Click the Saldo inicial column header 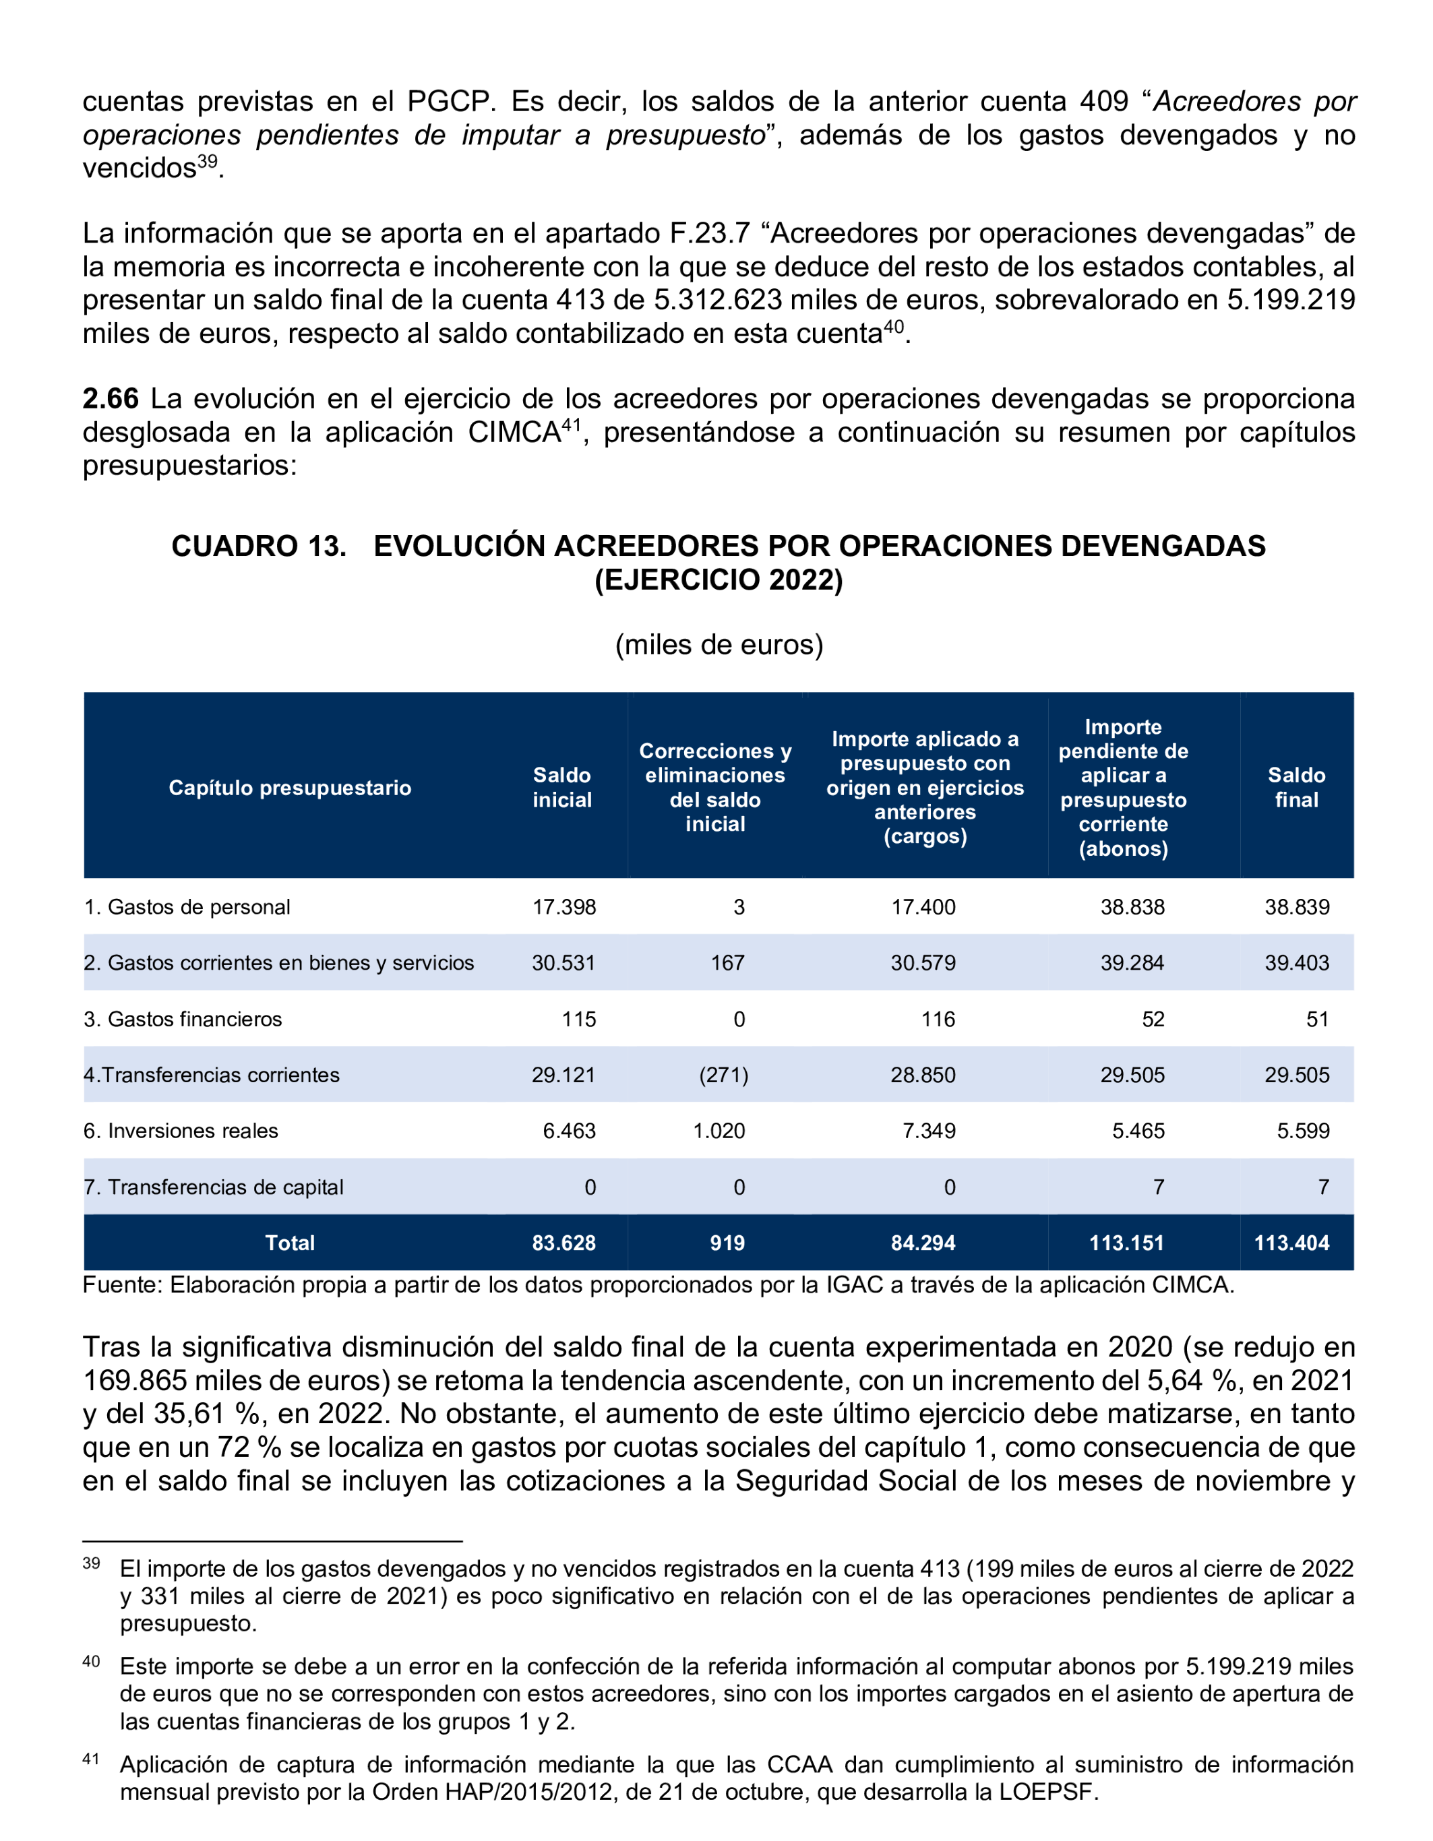[x=562, y=787]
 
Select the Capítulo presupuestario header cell [x=290, y=787]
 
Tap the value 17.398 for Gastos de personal [x=564, y=907]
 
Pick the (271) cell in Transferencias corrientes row [x=723, y=1075]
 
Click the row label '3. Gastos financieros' [x=183, y=1019]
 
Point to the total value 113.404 [x=1291, y=1243]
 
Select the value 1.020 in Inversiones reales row [x=719, y=1130]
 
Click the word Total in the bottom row [x=290, y=1243]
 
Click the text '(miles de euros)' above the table [x=719, y=644]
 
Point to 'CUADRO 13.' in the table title [x=259, y=547]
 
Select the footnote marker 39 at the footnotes [x=91, y=1563]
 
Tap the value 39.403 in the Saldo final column [x=1296, y=963]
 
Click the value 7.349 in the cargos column [x=929, y=1130]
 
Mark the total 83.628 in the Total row [x=564, y=1243]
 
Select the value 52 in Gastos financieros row [x=1153, y=1019]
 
